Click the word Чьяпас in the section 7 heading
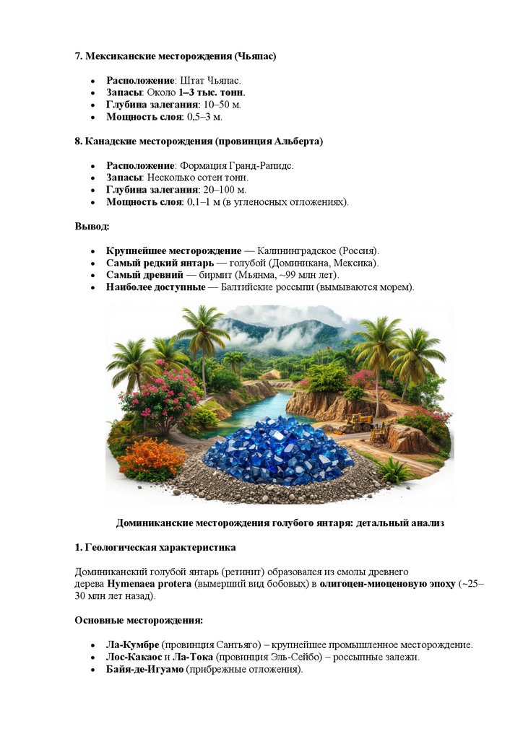click(x=256, y=56)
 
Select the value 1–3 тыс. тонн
click(x=212, y=92)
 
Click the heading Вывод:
click(x=92, y=227)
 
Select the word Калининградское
click(x=284, y=250)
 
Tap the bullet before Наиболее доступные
click(x=93, y=288)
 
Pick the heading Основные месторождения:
click(x=139, y=620)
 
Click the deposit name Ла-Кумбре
click(x=133, y=644)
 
